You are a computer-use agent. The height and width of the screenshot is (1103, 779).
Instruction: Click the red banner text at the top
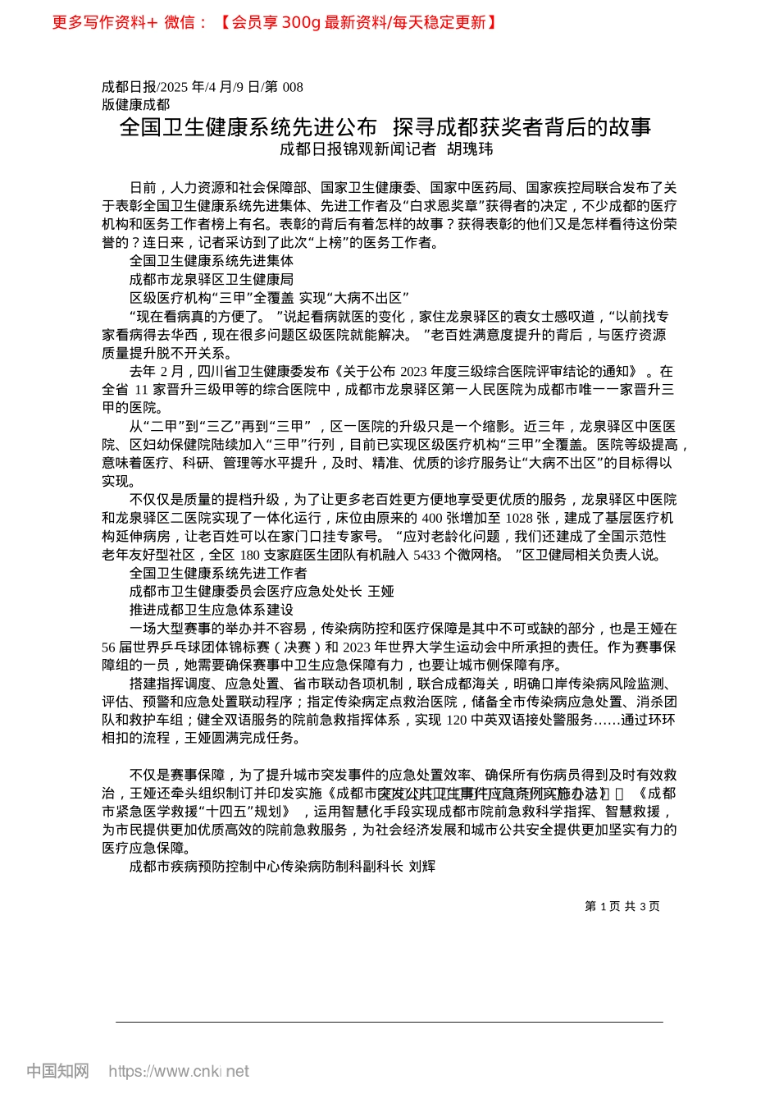click(275, 22)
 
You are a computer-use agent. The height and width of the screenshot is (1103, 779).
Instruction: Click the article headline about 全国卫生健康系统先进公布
click(385, 126)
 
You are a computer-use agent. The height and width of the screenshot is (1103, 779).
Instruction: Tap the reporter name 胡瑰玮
click(470, 149)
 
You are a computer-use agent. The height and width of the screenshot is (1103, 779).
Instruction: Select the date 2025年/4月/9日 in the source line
click(209, 87)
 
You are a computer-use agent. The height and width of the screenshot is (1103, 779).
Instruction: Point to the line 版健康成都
click(136, 104)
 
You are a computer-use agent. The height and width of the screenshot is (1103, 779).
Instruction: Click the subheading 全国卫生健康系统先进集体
click(212, 261)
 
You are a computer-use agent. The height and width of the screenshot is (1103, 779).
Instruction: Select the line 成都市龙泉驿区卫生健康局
click(212, 279)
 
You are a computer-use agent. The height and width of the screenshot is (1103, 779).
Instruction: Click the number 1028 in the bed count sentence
click(520, 518)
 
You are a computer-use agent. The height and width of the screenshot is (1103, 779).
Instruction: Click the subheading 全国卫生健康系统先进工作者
click(218, 573)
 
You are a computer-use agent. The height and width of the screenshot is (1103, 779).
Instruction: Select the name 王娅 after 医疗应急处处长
click(381, 591)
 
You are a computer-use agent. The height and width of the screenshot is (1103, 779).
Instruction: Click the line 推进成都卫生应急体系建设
click(212, 610)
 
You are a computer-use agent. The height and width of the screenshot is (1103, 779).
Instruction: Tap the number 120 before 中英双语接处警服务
click(457, 720)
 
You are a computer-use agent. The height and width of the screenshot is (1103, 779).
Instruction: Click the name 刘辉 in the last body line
click(422, 866)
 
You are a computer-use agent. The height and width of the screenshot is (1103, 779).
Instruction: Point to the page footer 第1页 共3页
click(622, 906)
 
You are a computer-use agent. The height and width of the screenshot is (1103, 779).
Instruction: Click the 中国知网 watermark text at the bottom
click(57, 1071)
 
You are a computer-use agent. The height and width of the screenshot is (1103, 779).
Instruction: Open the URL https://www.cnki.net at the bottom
click(179, 1071)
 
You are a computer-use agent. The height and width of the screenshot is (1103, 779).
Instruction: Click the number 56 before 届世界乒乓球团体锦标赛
click(109, 647)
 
